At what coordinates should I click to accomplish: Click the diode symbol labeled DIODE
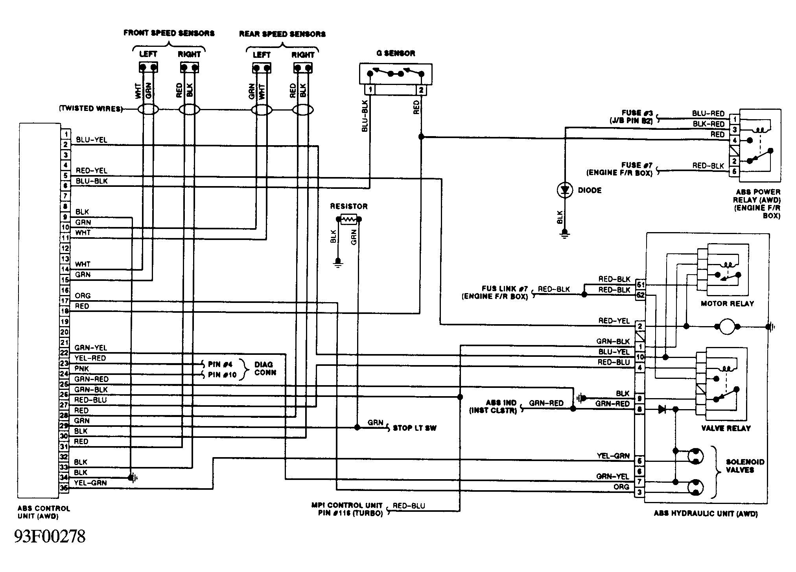565,190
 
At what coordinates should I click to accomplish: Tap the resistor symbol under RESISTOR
348,219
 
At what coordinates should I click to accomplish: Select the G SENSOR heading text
396,53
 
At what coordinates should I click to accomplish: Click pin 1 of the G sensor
370,90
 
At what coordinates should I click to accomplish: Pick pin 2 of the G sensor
421,90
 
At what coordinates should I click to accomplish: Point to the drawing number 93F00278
50,536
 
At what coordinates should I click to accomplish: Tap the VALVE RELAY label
726,428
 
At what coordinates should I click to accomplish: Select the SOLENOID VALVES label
745,466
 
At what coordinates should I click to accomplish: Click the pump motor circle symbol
727,327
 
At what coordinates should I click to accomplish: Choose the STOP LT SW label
415,428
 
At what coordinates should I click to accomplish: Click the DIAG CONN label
265,369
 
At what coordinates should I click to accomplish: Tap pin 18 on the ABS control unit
65,311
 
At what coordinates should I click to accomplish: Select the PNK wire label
82,369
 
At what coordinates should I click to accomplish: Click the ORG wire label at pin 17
83,295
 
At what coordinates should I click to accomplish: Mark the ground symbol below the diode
565,234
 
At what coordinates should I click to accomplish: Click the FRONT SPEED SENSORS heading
169,33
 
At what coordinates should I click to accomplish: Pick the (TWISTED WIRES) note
90,109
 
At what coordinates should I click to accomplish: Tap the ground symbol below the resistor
337,262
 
